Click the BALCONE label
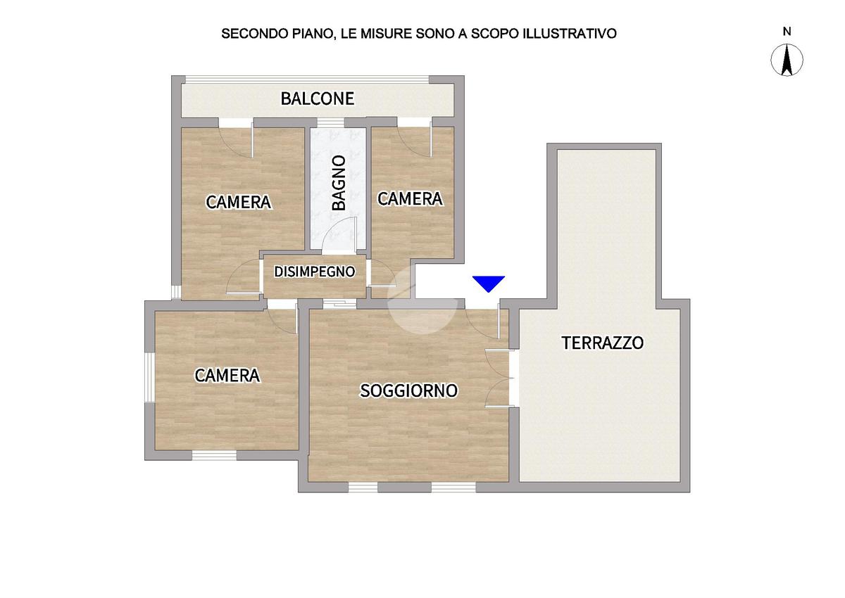point(317,98)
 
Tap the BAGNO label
point(339,182)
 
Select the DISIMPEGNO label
point(314,272)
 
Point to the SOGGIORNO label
point(409,390)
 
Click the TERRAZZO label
point(602,343)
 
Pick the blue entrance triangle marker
point(489,284)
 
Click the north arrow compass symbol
point(787,60)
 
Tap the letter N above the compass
point(787,31)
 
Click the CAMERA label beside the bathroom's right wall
point(410,199)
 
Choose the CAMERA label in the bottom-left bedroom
point(227,376)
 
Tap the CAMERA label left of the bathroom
point(238,203)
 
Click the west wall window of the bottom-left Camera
point(149,376)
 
